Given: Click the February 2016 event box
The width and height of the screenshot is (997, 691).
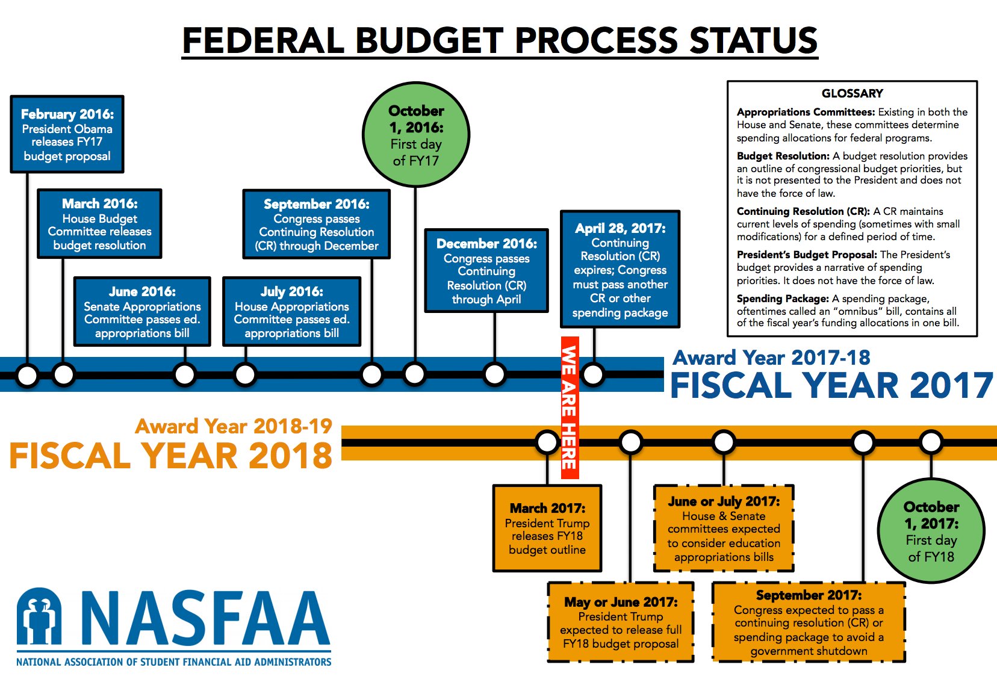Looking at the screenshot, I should [x=67, y=134].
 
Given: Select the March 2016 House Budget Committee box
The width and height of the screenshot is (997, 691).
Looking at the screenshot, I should [x=99, y=224].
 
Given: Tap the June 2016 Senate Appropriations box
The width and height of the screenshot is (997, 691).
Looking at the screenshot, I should [x=142, y=312].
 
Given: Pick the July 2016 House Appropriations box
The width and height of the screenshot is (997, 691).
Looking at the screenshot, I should [x=291, y=312].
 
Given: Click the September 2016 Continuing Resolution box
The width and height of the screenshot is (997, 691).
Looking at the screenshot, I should [x=316, y=225].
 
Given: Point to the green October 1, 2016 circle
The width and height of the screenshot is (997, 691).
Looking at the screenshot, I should [x=415, y=135].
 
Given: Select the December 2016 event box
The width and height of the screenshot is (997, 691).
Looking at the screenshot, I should [x=486, y=271].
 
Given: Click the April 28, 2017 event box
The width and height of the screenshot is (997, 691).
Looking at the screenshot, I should [x=620, y=269].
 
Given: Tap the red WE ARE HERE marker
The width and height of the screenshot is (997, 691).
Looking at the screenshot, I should [x=570, y=407].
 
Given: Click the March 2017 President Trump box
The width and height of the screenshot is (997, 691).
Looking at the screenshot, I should [x=547, y=528].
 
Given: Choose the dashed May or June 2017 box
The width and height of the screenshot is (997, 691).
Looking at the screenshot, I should [x=621, y=622].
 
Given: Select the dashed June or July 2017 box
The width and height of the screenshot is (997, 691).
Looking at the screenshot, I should [x=724, y=528].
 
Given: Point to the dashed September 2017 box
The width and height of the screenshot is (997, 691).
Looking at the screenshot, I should [x=809, y=622].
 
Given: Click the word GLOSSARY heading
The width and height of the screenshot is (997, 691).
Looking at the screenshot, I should [x=852, y=93].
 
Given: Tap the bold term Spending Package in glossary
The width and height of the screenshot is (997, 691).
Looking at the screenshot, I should [x=782, y=299].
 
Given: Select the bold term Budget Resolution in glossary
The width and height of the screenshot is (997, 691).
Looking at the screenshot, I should [x=783, y=156].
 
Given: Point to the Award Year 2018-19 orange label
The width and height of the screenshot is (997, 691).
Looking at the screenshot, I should [x=234, y=426].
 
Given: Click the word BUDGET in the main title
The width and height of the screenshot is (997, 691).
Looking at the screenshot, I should [x=429, y=41].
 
